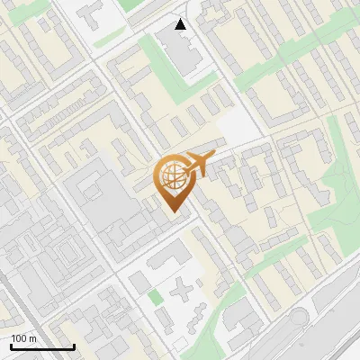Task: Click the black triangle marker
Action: click(181, 24)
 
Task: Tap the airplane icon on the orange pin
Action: click(199, 163)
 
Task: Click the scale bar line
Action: click(42, 346)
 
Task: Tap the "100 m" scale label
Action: click(24, 338)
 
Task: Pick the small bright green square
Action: click(156, 296)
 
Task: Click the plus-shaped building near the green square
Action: click(184, 292)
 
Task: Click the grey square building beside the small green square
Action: click(136, 283)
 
